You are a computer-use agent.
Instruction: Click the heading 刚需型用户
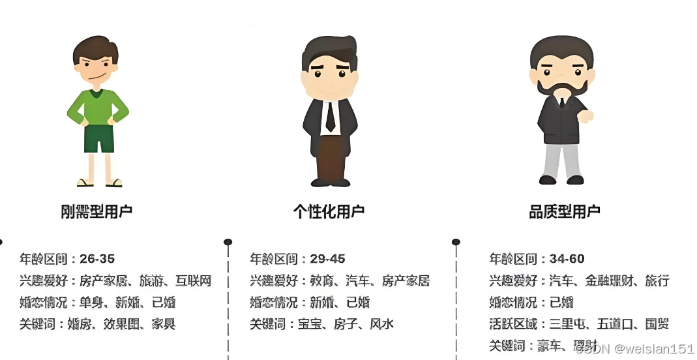(96, 211)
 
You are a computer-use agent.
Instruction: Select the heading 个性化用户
(329, 211)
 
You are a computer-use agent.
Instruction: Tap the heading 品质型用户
(565, 211)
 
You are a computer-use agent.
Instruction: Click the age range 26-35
(98, 259)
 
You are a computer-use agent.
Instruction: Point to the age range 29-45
(328, 259)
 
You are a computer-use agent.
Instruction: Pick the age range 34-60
(567, 259)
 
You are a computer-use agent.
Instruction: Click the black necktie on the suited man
(330, 115)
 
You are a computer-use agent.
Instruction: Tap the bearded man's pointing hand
(586, 117)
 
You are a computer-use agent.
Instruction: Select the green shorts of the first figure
(99, 138)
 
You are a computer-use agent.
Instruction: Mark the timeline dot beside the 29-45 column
(228, 242)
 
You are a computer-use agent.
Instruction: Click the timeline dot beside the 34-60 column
(456, 242)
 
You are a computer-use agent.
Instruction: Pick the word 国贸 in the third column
(656, 324)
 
